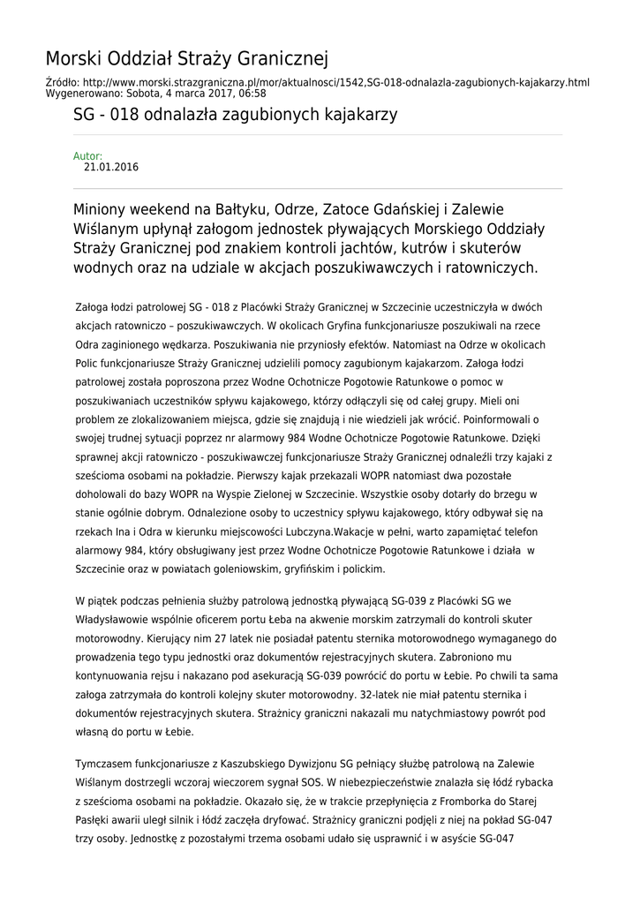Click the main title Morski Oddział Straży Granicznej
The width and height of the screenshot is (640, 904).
pyautogui.click(x=186, y=59)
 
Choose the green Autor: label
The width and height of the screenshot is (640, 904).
pyautogui.click(x=87, y=156)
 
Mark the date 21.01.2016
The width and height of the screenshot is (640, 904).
pyautogui.click(x=111, y=167)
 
